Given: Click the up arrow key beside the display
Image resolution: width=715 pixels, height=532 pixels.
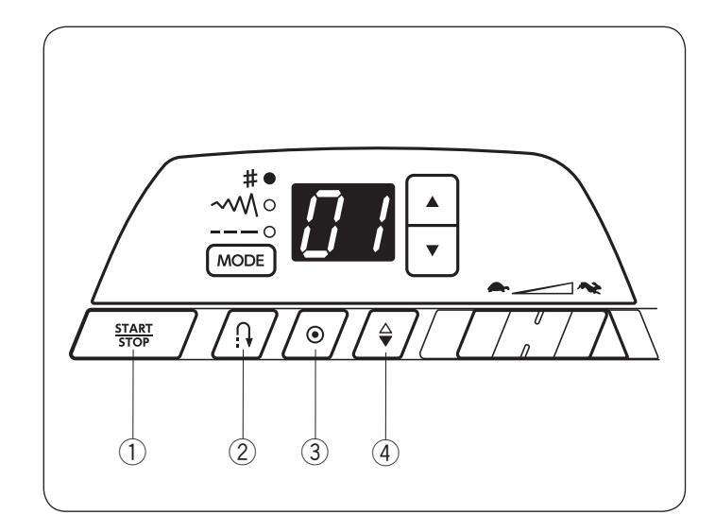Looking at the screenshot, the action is pos(431,201).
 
